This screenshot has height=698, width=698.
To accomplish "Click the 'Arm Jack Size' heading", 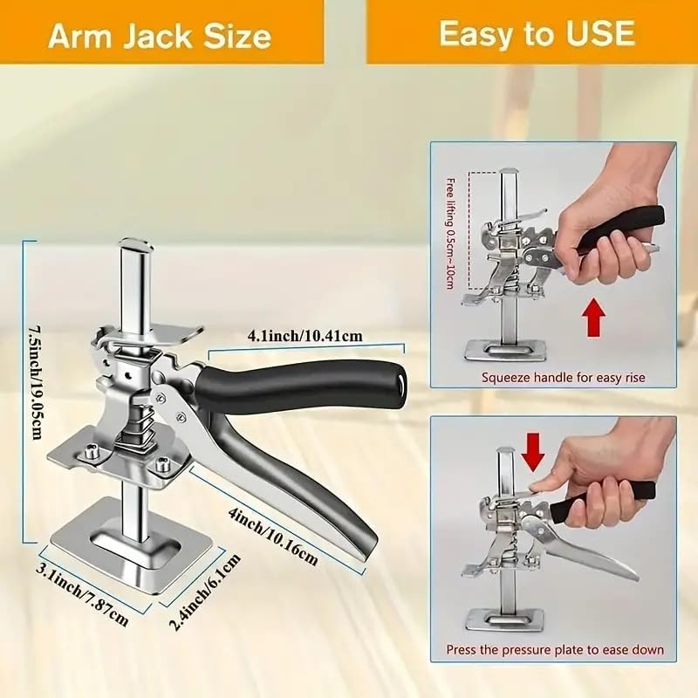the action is [160, 36].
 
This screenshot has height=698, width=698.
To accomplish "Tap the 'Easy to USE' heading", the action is [537, 33].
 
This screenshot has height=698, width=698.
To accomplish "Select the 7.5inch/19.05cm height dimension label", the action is [36, 383].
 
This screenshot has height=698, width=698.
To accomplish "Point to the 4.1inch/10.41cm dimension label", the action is [305, 335].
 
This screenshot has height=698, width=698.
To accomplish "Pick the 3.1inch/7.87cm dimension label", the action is [82, 594].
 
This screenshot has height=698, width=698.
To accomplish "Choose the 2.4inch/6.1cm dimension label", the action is [205, 592].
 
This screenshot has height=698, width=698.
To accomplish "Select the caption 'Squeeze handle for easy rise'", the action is [563, 378].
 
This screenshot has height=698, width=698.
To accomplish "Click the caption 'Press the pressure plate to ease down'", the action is [555, 650].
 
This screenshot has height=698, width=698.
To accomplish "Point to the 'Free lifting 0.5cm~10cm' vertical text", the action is [450, 234].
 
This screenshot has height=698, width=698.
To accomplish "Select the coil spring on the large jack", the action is [139, 429].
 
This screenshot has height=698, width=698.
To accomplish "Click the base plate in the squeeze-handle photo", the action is [506, 351].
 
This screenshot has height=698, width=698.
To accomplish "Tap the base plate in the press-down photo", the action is [505, 620].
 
